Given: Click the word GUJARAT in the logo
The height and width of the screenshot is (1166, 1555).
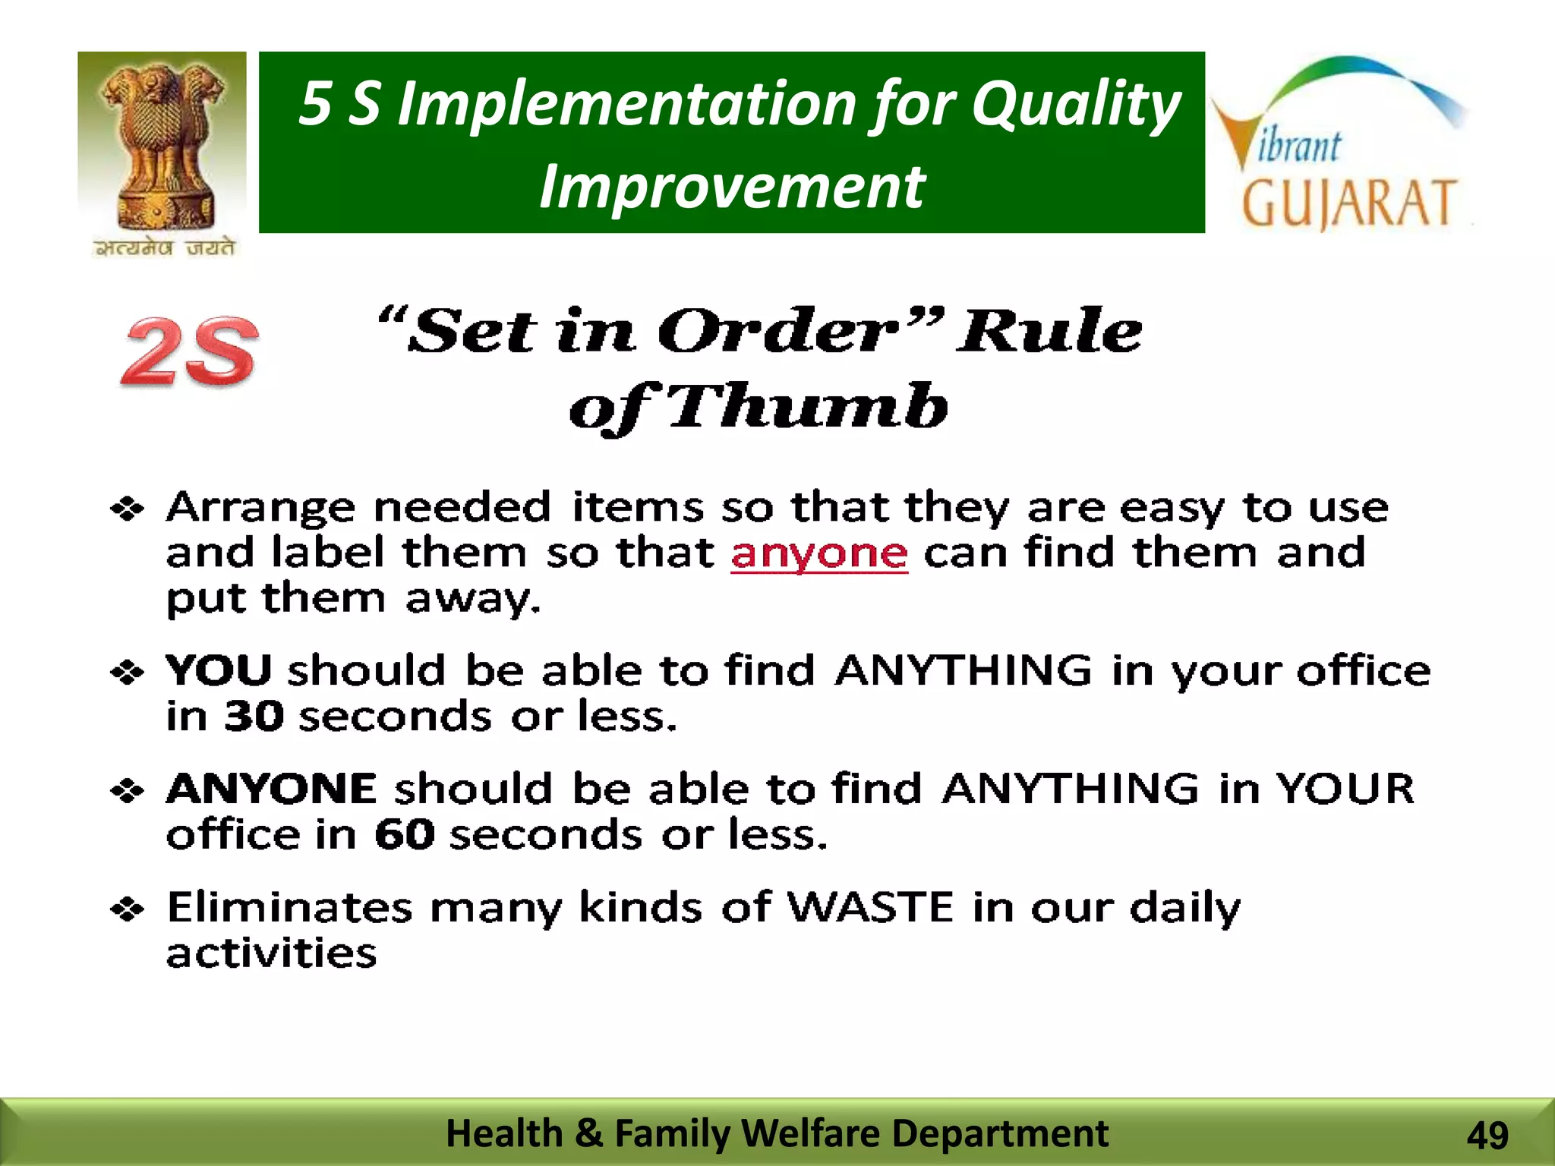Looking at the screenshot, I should click(x=1348, y=203).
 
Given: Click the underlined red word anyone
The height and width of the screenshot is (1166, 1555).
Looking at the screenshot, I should click(x=819, y=553).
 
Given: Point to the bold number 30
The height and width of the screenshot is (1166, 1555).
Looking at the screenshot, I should click(x=254, y=716).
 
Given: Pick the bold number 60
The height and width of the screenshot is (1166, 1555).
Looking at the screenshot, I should click(x=405, y=834).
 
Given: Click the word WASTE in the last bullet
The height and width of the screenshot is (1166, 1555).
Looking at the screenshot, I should click(x=870, y=906).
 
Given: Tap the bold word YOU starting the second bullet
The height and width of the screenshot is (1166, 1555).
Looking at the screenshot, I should click(x=219, y=670).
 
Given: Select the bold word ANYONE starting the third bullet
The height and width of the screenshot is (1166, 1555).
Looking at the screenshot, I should click(x=271, y=788).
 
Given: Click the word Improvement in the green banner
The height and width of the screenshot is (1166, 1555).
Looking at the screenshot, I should click(x=731, y=187).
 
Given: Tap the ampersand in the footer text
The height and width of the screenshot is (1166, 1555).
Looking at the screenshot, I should click(x=588, y=1133).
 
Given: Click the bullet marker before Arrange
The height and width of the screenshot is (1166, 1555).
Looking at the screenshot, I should click(x=127, y=509).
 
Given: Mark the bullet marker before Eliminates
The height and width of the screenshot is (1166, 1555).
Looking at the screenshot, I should click(x=127, y=908).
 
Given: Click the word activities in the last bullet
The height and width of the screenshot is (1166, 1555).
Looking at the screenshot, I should click(x=271, y=953).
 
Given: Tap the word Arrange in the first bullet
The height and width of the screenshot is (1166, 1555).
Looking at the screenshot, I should click(x=260, y=507).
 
